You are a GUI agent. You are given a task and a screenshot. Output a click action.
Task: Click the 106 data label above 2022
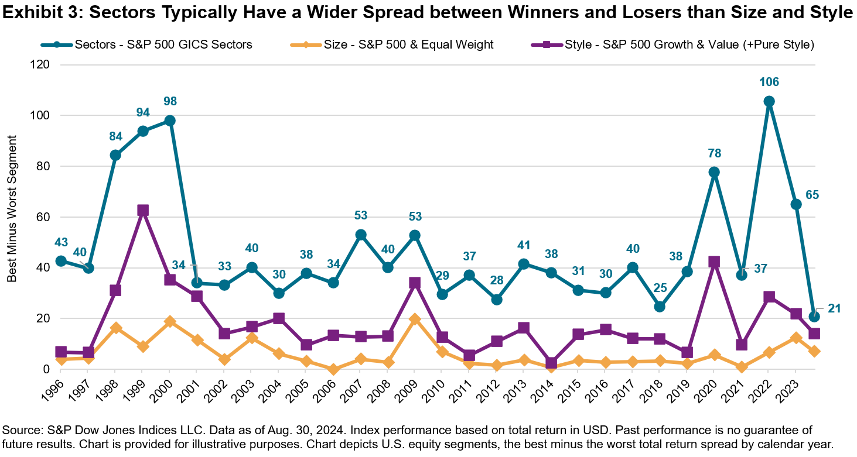pyautogui.click(x=769, y=82)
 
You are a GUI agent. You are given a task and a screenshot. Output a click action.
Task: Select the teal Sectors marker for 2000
pyautogui.click(x=170, y=121)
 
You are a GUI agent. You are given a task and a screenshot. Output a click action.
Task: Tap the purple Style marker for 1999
pyautogui.click(x=142, y=210)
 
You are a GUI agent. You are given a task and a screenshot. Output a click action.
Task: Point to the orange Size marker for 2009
pyautogui.click(x=415, y=319)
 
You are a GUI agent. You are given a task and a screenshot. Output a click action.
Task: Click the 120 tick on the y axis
pyautogui.click(x=40, y=65)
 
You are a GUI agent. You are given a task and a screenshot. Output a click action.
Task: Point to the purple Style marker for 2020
pyautogui.click(x=714, y=262)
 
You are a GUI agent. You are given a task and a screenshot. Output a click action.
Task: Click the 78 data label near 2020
pyautogui.click(x=714, y=153)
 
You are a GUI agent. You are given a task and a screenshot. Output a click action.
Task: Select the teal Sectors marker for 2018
pyautogui.click(x=660, y=307)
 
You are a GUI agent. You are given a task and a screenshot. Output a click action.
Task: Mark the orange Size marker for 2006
pyautogui.click(x=333, y=369)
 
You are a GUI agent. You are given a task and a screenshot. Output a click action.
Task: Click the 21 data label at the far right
pyautogui.click(x=834, y=308)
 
